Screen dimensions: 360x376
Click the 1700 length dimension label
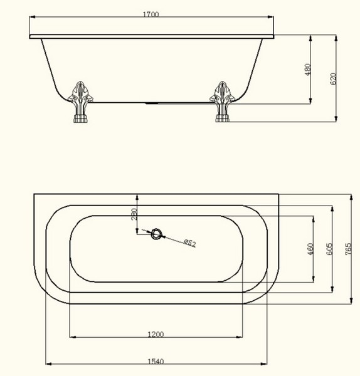click(151, 14)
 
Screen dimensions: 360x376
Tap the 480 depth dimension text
click(307, 70)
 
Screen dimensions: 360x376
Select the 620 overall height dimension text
click(333, 79)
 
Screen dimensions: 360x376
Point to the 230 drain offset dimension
click(134, 214)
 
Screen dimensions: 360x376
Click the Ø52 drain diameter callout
click(190, 243)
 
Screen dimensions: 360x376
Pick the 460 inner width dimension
click(310, 249)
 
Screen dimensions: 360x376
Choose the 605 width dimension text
click(330, 249)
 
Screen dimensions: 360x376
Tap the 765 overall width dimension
click(348, 249)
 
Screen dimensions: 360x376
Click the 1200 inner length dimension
click(156, 334)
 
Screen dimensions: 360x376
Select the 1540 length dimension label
click(156, 362)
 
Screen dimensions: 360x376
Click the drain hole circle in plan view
click(157, 234)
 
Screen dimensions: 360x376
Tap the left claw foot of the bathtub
click(80, 102)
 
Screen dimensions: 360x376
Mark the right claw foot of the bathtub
click(222, 102)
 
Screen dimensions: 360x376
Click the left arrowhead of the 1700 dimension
click(33, 17)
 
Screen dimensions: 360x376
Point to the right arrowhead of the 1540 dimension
click(264, 364)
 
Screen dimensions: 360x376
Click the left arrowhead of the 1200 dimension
click(73, 337)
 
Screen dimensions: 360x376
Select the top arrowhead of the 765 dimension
click(351, 197)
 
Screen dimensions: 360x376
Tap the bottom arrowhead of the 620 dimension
click(336, 119)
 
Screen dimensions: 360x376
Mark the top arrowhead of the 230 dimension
click(137, 197)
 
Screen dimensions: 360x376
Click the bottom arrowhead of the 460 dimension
click(313, 279)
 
